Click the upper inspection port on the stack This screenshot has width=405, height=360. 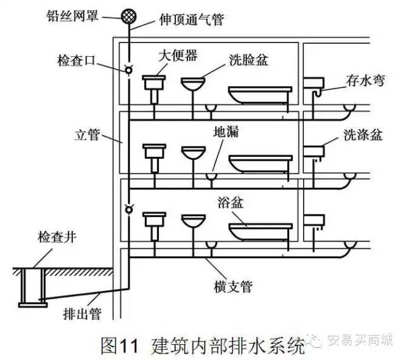coord(128,69)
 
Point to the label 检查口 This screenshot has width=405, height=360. coord(74,61)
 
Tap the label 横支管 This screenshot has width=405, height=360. coord(232,287)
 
